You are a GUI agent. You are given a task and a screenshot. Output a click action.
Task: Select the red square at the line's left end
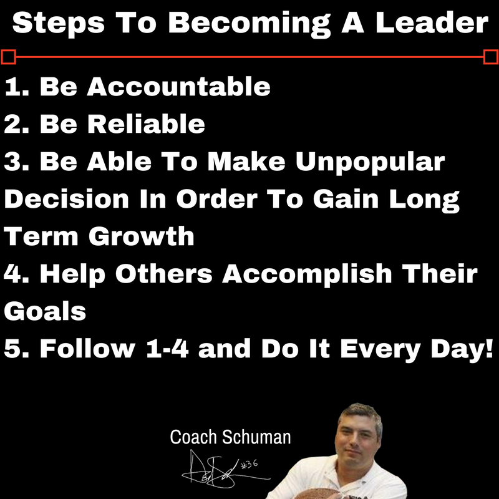coord(8,57)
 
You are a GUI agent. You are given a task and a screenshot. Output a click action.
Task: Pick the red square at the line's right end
coord(491,57)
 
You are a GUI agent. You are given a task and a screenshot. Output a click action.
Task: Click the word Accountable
coord(178,87)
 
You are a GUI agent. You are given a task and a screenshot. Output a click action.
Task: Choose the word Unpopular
coord(371,162)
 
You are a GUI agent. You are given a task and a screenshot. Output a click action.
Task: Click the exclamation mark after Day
coord(487,349)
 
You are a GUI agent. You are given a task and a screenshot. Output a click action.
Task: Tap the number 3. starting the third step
coord(17,162)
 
